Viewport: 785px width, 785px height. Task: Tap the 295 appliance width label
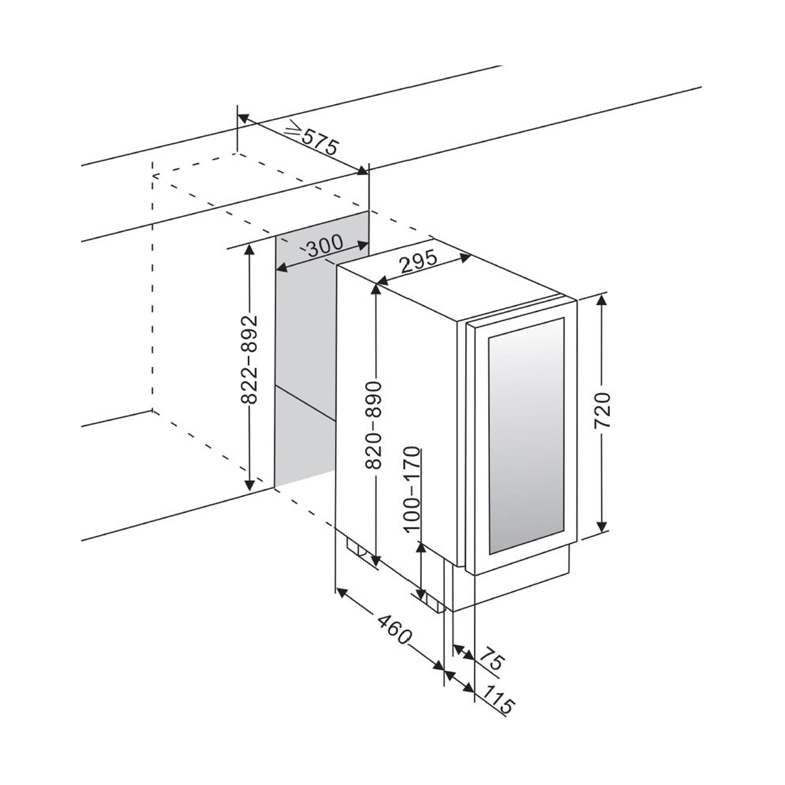coord(418,263)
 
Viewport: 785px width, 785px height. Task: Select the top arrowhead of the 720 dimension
coord(602,300)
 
